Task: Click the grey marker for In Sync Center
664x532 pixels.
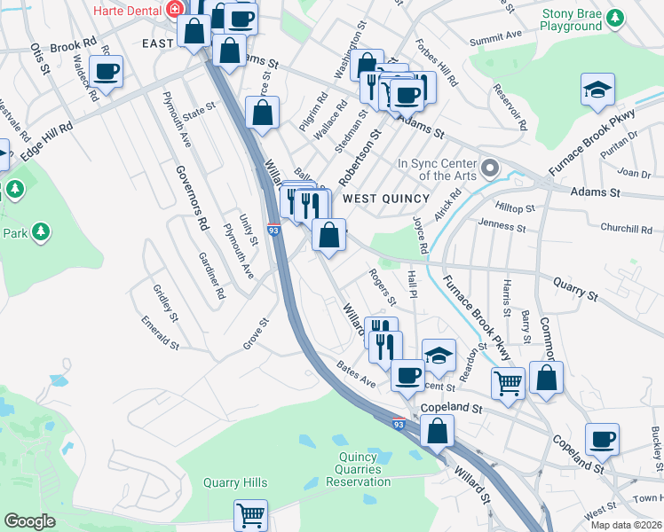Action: pyautogui.click(x=489, y=166)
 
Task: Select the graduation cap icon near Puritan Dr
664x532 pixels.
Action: pyautogui.click(x=597, y=89)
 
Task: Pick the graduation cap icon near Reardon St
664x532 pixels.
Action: pyautogui.click(x=438, y=355)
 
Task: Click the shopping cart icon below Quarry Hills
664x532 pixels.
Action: pyautogui.click(x=250, y=513)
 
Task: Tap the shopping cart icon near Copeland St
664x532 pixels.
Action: pyautogui.click(x=508, y=382)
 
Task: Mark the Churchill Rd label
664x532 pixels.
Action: pyautogui.click(x=626, y=228)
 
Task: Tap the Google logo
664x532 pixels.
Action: pyautogui.click(x=29, y=521)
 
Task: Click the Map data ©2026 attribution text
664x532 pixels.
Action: pyautogui.click(x=626, y=525)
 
